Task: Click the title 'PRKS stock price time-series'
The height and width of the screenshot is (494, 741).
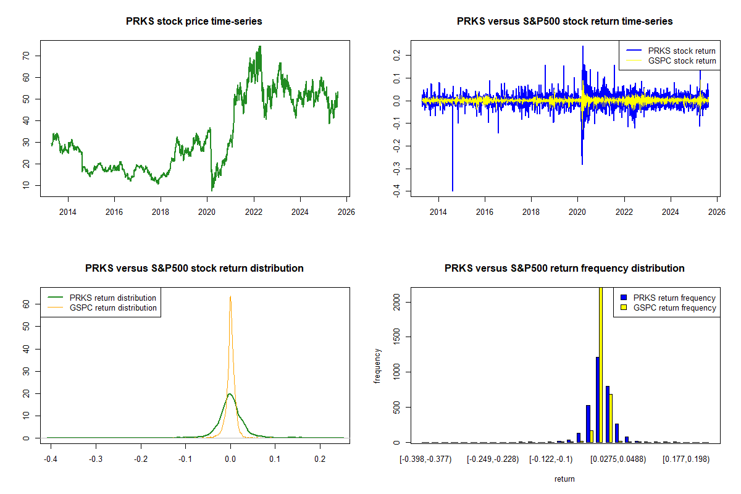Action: [x=194, y=22]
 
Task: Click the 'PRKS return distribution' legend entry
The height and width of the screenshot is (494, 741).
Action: [x=113, y=298]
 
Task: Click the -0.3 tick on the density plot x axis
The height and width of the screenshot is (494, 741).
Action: [x=96, y=459]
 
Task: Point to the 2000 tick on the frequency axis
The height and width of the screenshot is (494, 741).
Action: [x=399, y=302]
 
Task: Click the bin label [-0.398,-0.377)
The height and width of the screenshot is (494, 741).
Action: [x=427, y=459]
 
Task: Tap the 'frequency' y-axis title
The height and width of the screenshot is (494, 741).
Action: [x=377, y=365]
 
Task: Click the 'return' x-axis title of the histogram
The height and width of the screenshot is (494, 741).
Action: [x=564, y=479]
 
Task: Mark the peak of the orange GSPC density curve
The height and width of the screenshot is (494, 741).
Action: [x=230, y=296]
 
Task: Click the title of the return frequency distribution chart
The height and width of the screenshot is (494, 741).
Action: [x=564, y=269]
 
